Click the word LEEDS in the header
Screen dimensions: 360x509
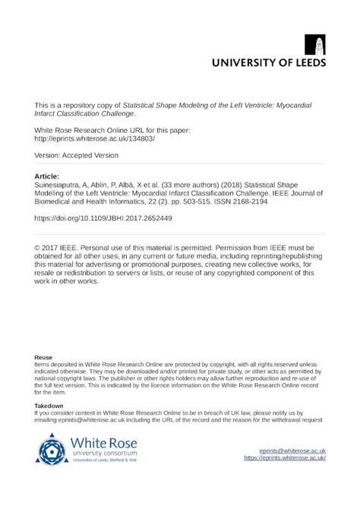tap(304, 64)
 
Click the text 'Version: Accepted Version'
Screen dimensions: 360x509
tap(77, 155)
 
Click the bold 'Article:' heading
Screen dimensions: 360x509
tap(47, 175)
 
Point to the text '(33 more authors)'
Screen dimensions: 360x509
tap(168, 184)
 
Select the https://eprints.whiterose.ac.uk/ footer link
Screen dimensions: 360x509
tap(284, 458)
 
